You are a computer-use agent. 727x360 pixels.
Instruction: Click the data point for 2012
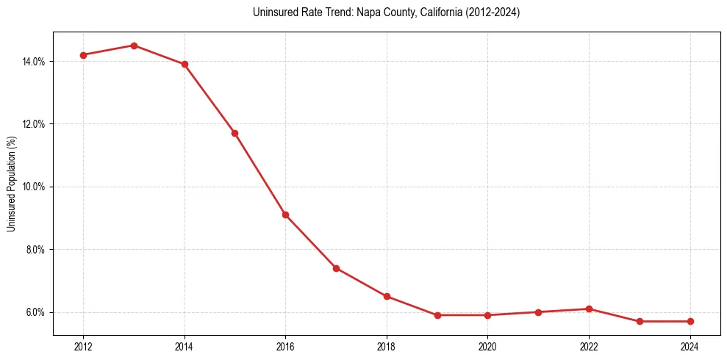tap(83, 55)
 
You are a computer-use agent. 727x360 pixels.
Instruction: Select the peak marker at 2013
tap(134, 46)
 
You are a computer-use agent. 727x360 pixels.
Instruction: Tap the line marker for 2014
tap(185, 64)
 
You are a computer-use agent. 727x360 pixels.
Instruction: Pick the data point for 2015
tap(234, 133)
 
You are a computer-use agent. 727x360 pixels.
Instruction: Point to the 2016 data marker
tap(285, 215)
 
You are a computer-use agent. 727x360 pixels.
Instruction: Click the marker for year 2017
tap(336, 268)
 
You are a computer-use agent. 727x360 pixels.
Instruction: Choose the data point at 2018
tap(387, 296)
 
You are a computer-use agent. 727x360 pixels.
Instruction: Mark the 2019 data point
tap(437, 315)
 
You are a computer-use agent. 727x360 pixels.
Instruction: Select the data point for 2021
tap(538, 312)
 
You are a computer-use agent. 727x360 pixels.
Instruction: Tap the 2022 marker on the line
tap(589, 309)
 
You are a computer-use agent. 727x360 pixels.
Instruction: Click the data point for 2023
tap(640, 321)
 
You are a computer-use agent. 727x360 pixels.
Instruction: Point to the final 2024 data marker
tap(690, 321)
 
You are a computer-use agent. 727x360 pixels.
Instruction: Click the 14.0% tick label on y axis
tap(34, 62)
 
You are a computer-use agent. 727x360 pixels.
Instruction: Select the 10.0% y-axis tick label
tap(34, 187)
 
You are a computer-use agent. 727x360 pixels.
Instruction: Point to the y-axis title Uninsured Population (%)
tap(12, 184)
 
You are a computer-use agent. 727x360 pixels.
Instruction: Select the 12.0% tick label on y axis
tap(34, 124)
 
